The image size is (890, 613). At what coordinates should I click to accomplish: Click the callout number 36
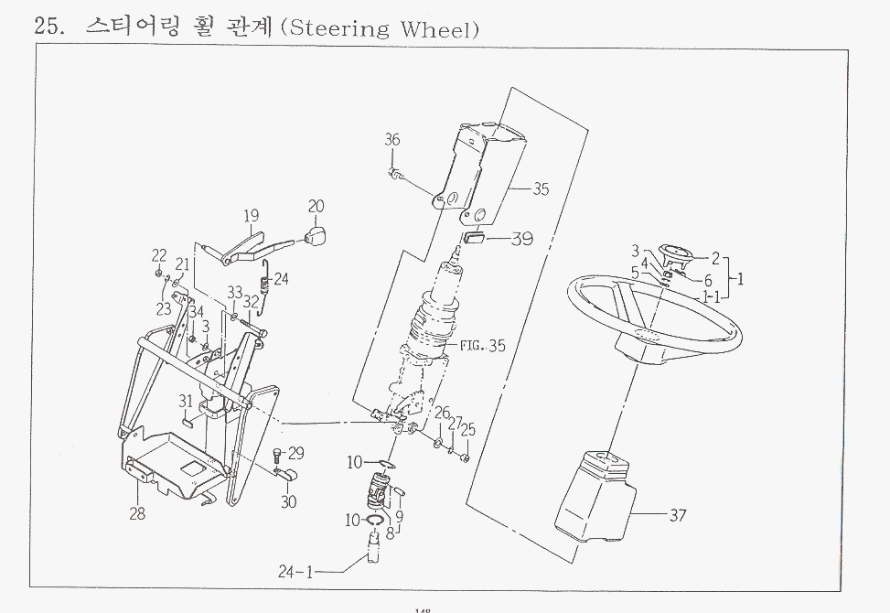(x=391, y=140)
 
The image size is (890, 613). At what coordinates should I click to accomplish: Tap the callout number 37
(x=677, y=516)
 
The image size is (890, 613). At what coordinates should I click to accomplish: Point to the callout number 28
(x=136, y=513)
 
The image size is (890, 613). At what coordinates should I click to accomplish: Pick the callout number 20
(x=316, y=207)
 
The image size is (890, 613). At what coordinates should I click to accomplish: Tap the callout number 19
(x=252, y=217)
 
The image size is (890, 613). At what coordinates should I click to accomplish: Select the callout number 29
(x=295, y=453)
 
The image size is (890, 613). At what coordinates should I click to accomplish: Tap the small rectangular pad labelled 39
(x=473, y=241)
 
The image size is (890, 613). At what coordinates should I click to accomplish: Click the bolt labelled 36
(x=393, y=173)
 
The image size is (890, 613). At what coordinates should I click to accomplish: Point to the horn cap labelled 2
(x=679, y=252)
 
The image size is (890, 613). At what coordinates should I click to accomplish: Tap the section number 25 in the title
(x=47, y=26)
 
